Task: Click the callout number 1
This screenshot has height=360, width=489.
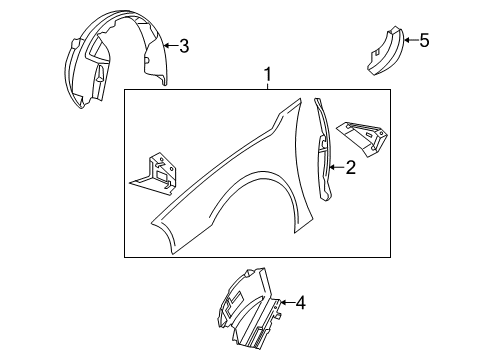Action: (x=267, y=75)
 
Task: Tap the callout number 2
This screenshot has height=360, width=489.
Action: (x=351, y=169)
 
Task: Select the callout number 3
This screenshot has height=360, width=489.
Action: (x=183, y=45)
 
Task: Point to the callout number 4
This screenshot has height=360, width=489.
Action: (x=300, y=302)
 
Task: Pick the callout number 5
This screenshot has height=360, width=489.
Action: (x=424, y=40)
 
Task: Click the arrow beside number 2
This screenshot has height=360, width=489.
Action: (x=337, y=169)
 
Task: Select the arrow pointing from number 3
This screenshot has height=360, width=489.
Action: (x=169, y=45)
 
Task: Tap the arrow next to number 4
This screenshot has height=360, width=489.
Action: (x=286, y=302)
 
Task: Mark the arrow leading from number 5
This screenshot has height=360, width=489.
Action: (x=410, y=40)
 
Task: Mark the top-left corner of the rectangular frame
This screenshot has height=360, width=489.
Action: (x=125, y=91)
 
